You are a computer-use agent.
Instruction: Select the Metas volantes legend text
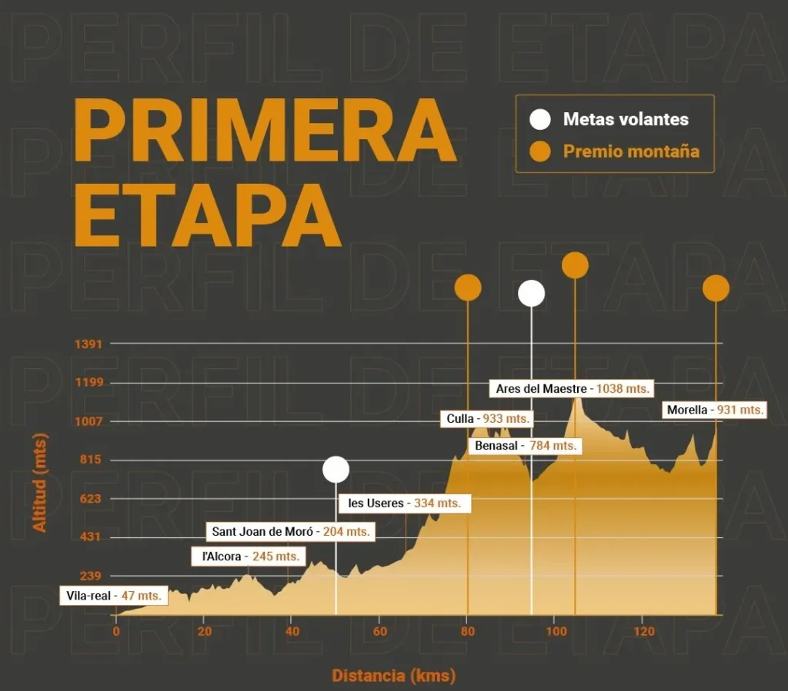point(626,119)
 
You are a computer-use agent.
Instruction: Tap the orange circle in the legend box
point(541,151)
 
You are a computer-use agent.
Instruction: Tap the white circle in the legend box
point(541,119)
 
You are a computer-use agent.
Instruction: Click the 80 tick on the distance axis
point(468,632)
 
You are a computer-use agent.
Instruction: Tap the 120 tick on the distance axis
point(643,632)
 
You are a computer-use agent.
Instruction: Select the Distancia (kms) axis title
point(393,676)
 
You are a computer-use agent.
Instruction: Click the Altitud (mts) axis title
point(40,483)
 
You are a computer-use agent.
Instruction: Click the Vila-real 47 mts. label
point(114,596)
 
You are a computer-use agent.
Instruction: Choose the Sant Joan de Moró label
point(290,531)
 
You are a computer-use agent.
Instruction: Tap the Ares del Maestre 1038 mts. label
point(573,389)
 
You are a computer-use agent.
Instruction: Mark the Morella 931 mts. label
point(715,410)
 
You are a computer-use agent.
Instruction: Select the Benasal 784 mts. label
point(525,446)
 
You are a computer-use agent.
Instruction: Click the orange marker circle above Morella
point(716,288)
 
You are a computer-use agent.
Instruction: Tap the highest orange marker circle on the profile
point(575,265)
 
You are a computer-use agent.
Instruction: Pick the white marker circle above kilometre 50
point(336,469)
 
